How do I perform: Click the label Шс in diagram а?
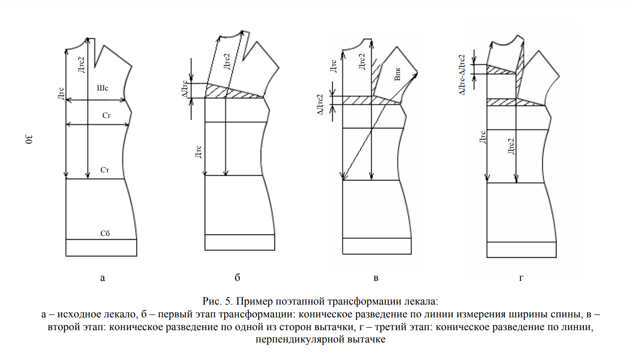[x=102, y=89]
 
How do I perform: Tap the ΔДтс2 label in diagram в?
[x=320, y=102]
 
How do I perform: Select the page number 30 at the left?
[x=29, y=139]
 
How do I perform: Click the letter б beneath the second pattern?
[x=237, y=278]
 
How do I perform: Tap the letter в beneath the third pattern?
[x=376, y=278]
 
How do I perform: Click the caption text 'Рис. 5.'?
[x=216, y=301]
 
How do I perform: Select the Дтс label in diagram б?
[x=199, y=152]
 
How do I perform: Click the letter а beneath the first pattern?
[x=102, y=278]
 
